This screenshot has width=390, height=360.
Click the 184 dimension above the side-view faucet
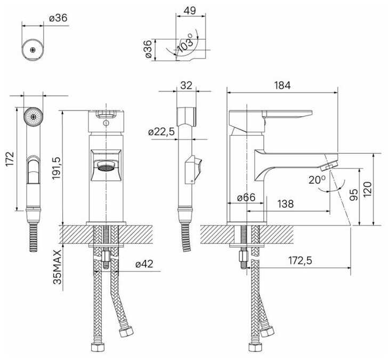pyautogui.click(x=282, y=85)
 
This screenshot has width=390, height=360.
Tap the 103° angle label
pyautogui.click(x=186, y=43)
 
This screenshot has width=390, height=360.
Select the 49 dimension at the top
pyautogui.click(x=190, y=11)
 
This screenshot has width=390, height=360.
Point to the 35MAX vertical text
pyautogui.click(x=57, y=267)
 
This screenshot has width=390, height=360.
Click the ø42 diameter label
pyautogui.click(x=144, y=264)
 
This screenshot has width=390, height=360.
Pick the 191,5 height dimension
pyautogui.click(x=57, y=166)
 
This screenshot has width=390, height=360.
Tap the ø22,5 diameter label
pyautogui.click(x=161, y=132)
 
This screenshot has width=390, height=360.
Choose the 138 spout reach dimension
pyautogui.click(x=286, y=204)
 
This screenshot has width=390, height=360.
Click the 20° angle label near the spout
pyautogui.click(x=317, y=179)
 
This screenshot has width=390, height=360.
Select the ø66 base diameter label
pyautogui.click(x=246, y=198)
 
